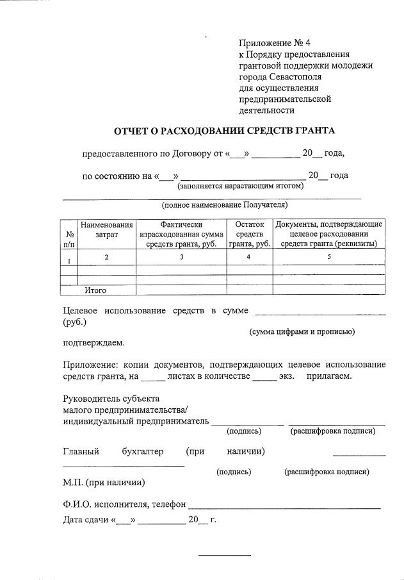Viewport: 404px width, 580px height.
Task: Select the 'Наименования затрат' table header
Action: click(x=107, y=230)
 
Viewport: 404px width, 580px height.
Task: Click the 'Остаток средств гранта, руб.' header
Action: click(x=250, y=234)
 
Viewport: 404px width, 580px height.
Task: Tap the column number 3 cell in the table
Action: click(x=181, y=257)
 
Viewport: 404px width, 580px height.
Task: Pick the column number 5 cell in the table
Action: click(x=329, y=257)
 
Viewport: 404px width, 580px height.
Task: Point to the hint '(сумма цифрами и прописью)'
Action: click(x=302, y=331)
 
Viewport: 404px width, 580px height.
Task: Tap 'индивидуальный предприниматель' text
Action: click(x=136, y=421)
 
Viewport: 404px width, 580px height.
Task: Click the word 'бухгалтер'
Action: click(x=142, y=451)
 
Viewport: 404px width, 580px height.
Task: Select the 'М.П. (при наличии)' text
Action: click(x=104, y=482)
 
